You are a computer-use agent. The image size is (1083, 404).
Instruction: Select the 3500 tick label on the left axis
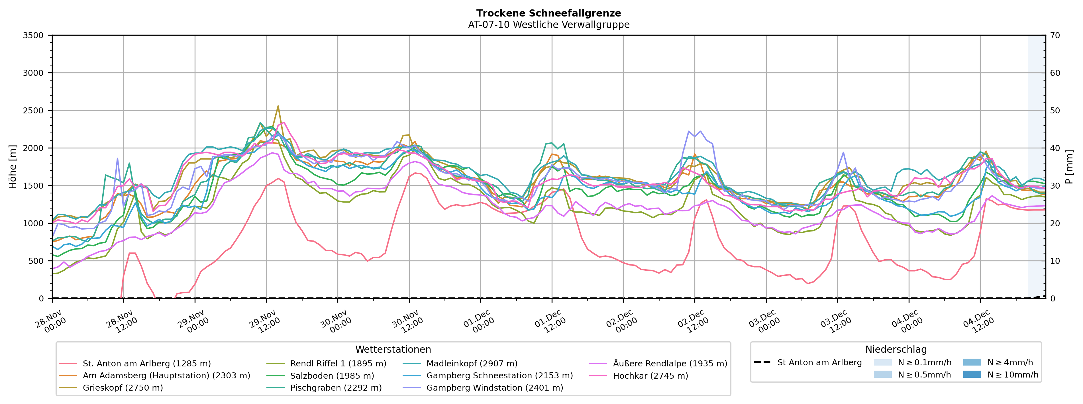(x=33, y=35)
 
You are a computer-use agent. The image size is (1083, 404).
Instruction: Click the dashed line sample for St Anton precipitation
(x=762, y=362)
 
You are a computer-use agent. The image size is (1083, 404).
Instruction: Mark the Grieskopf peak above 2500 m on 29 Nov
(x=278, y=106)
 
